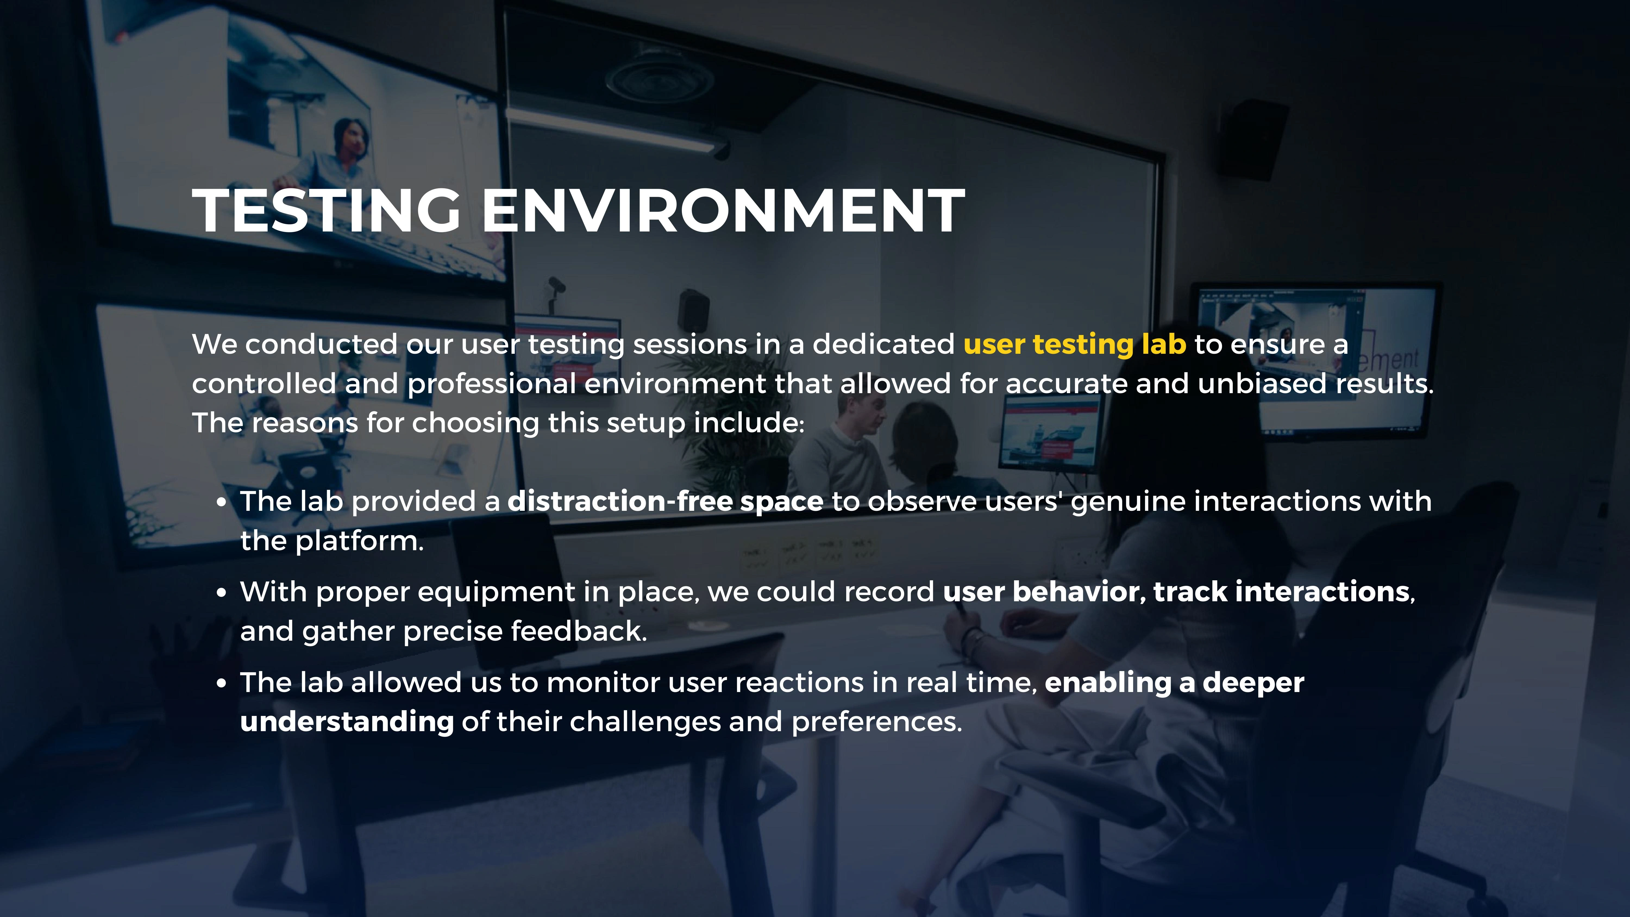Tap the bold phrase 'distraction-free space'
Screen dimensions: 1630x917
tap(665, 501)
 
